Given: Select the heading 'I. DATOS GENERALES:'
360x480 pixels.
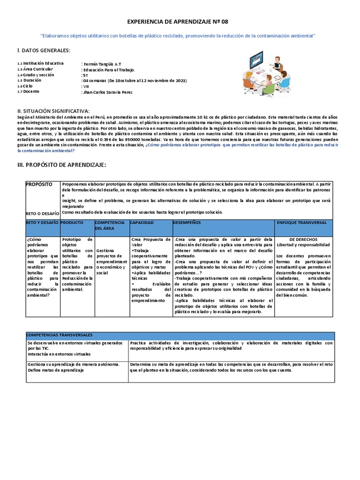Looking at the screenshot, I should pyautogui.click(x=44, y=51).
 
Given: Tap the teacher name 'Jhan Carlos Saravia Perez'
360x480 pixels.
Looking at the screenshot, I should pyautogui.click(x=107, y=92).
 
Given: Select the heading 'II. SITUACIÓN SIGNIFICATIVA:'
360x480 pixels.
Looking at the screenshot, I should pyautogui.click(x=53, y=111).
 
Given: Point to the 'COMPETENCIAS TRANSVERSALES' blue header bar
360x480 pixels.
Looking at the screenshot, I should pyautogui.click(x=60, y=335).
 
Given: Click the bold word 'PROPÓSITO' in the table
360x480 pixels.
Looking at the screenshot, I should pyautogui.click(x=40, y=185).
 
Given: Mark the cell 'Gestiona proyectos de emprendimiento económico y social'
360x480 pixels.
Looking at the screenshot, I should pyautogui.click(x=111, y=262).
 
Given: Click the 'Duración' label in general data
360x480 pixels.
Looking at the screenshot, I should pyautogui.click(x=33, y=81).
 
